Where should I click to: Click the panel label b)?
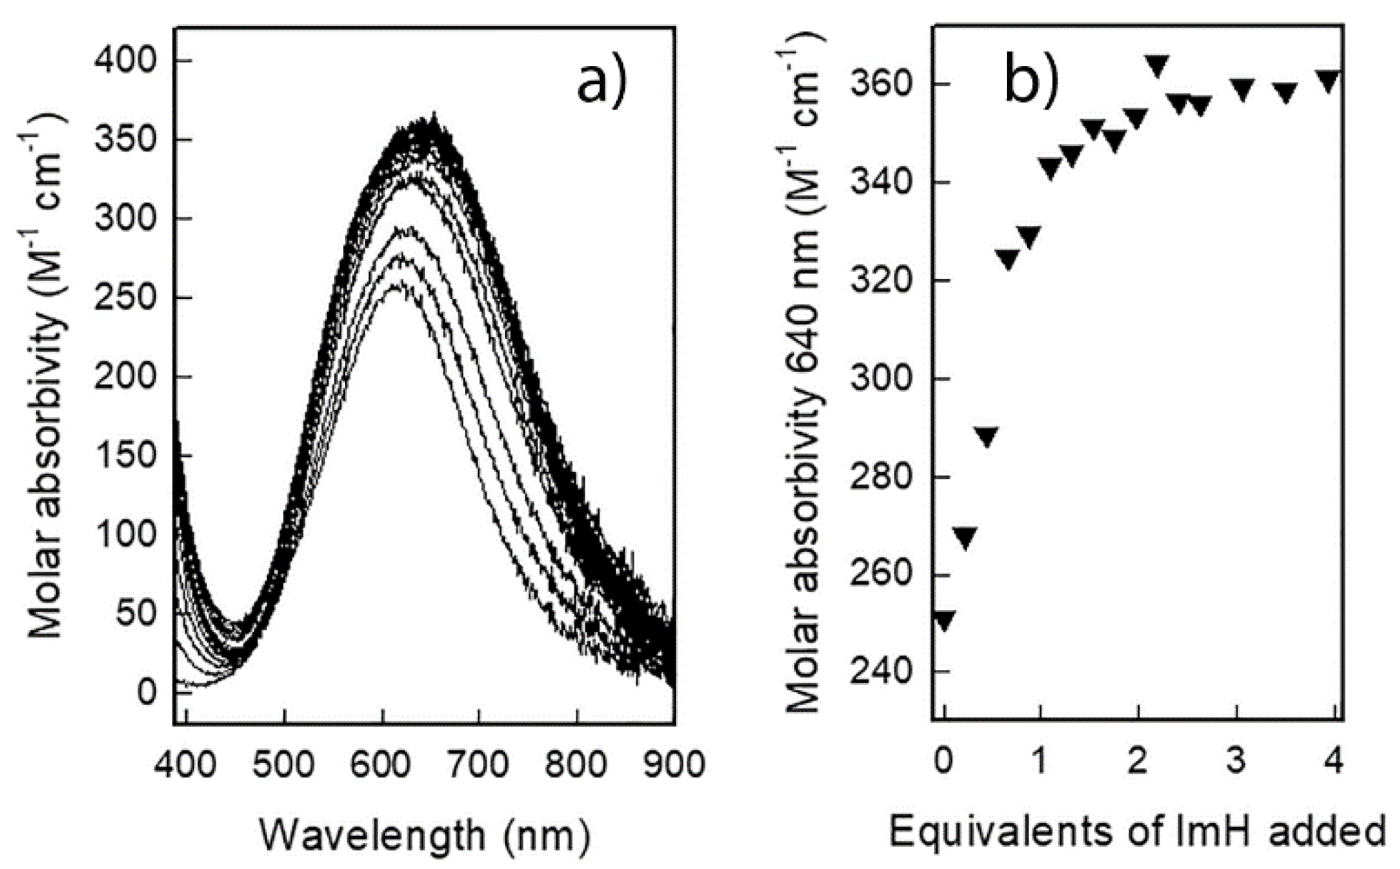pyautogui.click(x=1032, y=85)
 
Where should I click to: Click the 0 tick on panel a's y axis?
pyautogui.click(x=145, y=692)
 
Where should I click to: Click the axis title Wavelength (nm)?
pyautogui.click(x=425, y=835)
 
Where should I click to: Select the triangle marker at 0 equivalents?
pyautogui.click(x=944, y=620)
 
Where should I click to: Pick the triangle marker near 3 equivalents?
pyautogui.click(x=1243, y=89)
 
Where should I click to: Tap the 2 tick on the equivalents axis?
pyautogui.click(x=1138, y=762)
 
